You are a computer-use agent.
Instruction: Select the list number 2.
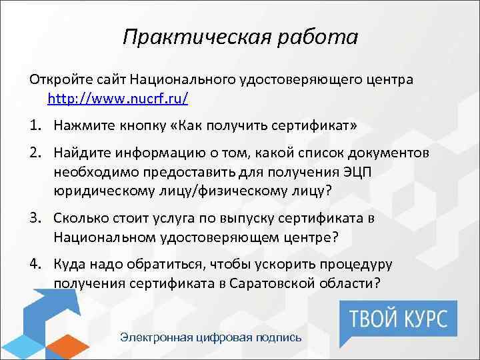coord(34,155)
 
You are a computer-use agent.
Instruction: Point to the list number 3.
coord(34,219)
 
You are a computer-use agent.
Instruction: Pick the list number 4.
coord(34,263)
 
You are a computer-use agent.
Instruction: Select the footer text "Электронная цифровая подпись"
coord(211,337)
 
